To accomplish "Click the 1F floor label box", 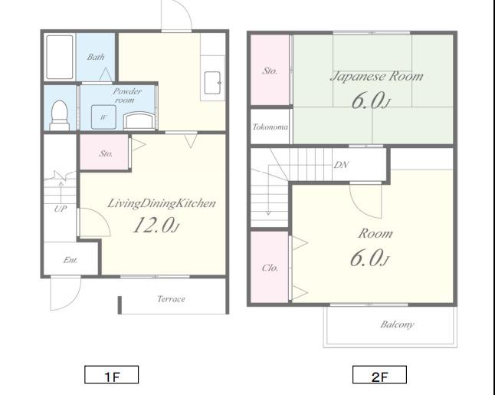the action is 111,374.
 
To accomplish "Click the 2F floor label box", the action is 379,374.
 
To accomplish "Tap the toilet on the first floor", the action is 59,115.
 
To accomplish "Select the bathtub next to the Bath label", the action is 60,57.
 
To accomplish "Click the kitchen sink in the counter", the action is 212,83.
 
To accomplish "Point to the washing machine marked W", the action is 103,117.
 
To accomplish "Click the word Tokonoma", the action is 270,127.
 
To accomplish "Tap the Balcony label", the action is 397,324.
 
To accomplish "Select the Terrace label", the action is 171,299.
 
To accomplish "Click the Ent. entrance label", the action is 70,260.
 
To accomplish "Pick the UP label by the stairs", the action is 61,209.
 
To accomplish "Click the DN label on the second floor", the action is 341,165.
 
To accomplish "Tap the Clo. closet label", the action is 270,268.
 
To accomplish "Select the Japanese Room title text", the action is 376,77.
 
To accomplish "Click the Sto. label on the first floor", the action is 106,153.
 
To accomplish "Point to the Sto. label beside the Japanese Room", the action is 270,71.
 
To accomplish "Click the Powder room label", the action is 127,95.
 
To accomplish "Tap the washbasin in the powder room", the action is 139,120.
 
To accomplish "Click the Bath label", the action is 96,57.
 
